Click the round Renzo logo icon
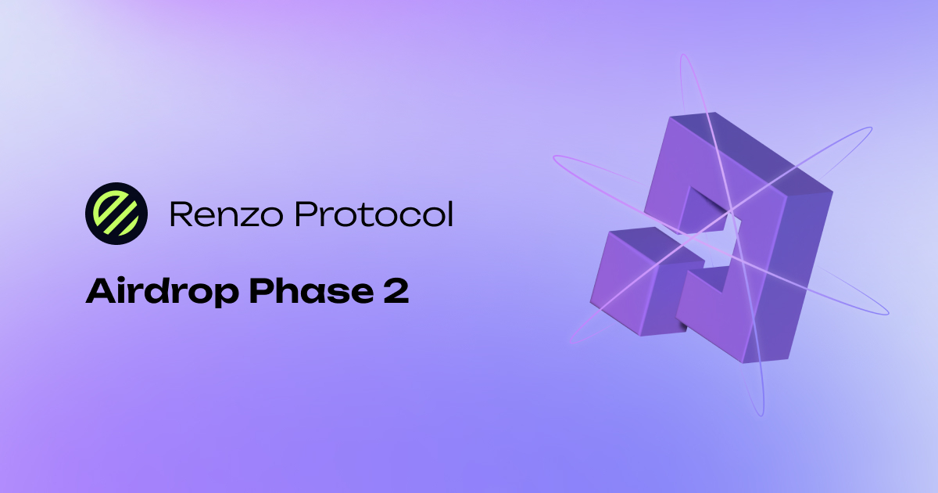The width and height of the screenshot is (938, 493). (x=116, y=212)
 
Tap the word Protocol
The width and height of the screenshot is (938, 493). (x=370, y=214)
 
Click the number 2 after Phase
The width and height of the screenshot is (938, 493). (x=395, y=291)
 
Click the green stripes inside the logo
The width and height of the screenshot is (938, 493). (x=116, y=212)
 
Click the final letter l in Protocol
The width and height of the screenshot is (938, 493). (x=449, y=213)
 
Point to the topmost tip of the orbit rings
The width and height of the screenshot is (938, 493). (x=684, y=56)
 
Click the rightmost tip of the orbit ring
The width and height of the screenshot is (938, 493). (x=887, y=312)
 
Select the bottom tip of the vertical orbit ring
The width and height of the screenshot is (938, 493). (x=758, y=412)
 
